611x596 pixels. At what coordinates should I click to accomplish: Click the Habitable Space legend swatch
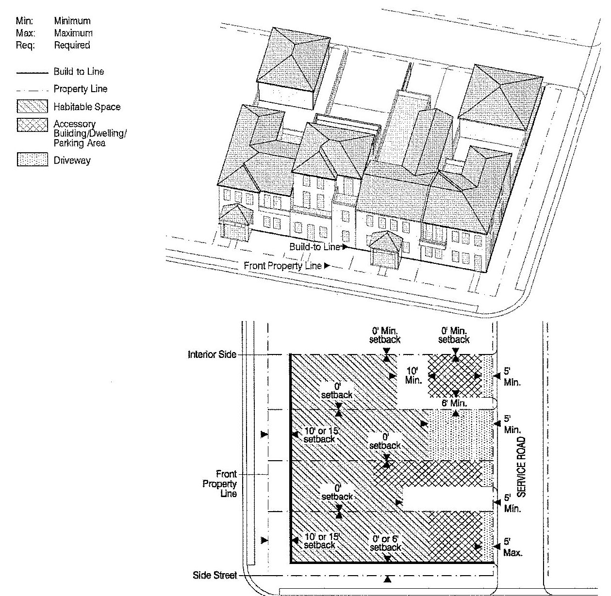[33, 107]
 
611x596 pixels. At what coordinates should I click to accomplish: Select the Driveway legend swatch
[33, 160]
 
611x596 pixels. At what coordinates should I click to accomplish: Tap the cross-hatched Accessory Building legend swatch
[33, 125]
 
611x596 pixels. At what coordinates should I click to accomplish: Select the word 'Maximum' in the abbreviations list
[73, 33]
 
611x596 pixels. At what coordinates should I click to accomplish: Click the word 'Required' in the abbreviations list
[72, 45]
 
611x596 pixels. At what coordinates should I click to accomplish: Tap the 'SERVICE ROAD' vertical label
[521, 467]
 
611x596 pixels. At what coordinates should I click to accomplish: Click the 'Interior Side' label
[212, 354]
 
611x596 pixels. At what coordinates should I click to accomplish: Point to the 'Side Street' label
[215, 575]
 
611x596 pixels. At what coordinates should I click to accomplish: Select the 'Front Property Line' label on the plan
[227, 483]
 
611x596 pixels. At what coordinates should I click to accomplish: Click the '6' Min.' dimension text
[454, 403]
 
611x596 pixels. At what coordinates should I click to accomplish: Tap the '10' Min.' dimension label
[413, 375]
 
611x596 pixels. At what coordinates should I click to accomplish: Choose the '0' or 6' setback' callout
[386, 543]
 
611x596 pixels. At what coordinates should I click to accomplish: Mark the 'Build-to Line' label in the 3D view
[315, 247]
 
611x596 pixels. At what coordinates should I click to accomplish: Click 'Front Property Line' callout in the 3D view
[282, 266]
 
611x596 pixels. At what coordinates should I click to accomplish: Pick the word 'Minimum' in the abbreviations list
[72, 21]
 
